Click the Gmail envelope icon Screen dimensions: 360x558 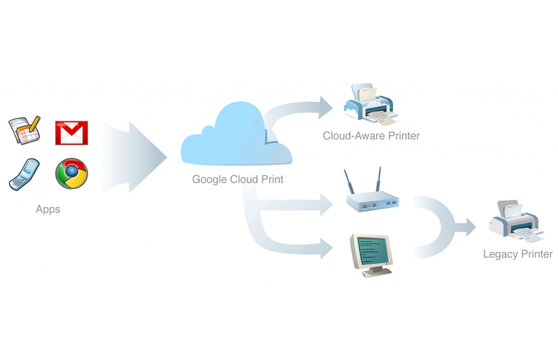72,132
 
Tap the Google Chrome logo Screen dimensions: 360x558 72,173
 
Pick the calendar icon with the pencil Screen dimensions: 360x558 25,131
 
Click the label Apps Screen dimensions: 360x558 48,209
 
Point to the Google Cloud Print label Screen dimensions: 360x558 238,179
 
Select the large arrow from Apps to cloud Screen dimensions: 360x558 135,155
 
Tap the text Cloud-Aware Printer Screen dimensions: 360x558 372,135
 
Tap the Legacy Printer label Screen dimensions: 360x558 517,254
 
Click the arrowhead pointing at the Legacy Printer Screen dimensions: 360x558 467,226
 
